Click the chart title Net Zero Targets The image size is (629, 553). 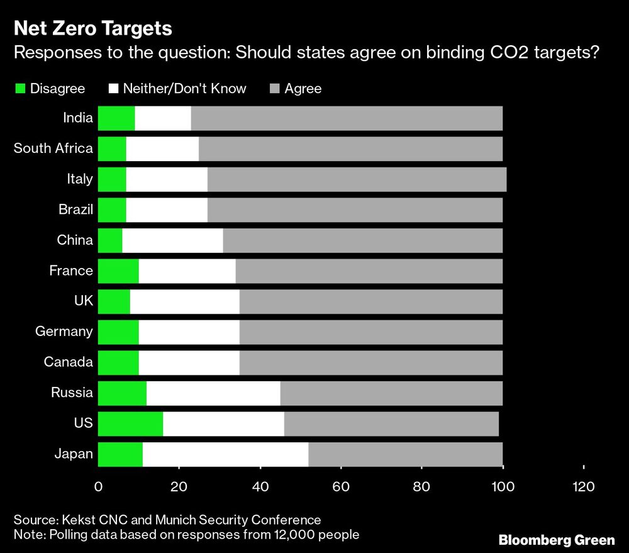point(93,28)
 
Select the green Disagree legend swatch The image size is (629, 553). point(20,89)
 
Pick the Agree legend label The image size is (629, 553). point(303,89)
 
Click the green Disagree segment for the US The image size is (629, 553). point(130,423)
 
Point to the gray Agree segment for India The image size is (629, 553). point(347,118)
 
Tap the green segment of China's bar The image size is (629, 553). point(110,240)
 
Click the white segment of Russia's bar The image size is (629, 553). point(213,393)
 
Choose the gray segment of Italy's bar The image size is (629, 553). point(357,179)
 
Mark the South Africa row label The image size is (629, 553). point(53,148)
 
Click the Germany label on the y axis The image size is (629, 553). point(64,332)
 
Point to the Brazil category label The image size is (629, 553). point(75,209)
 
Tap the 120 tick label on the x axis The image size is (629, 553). point(583,486)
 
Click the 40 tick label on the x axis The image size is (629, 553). point(260,486)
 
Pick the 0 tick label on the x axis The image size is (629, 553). point(99,486)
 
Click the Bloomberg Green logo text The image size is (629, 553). point(556,540)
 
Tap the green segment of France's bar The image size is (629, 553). point(118,271)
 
